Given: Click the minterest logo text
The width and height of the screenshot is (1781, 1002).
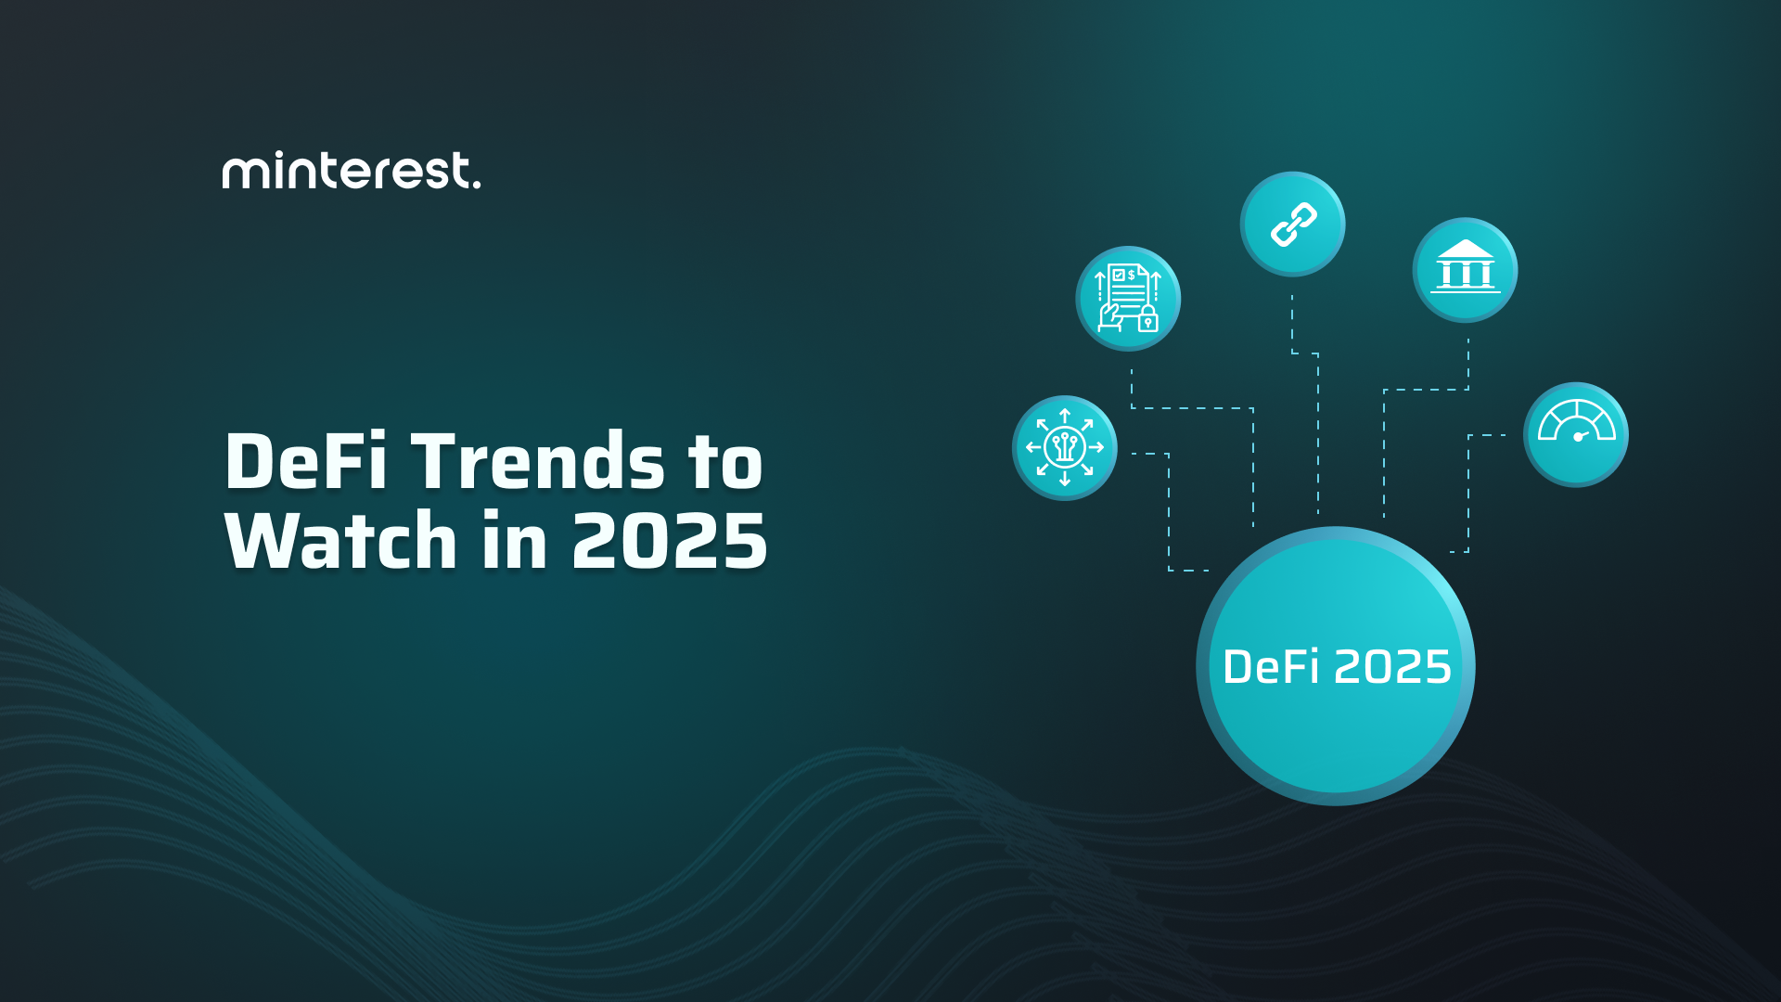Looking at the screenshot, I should (x=351, y=171).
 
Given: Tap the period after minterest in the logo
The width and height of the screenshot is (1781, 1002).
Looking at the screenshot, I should (x=477, y=185).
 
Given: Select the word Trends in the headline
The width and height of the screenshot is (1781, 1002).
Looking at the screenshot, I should (x=538, y=461).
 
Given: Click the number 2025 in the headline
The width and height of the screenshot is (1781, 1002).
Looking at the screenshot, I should (x=669, y=541).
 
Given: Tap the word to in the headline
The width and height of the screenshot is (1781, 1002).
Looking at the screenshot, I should (x=725, y=461).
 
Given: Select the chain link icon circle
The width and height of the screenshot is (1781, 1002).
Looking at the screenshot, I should (x=1292, y=224).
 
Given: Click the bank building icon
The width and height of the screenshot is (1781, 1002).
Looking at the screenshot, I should (x=1465, y=269).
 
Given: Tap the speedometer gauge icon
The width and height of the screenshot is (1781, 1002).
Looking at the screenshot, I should (x=1575, y=434).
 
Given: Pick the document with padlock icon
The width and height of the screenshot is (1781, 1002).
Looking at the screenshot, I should (x=1127, y=298).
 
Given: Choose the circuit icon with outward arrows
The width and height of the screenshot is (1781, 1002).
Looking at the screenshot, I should (x=1064, y=447).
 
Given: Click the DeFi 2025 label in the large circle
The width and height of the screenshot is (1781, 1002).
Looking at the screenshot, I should (x=1337, y=667).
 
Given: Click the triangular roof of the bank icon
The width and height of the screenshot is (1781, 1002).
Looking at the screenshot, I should (x=1465, y=249).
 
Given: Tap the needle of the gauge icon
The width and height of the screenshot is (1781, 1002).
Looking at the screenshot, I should (x=1581, y=435).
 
